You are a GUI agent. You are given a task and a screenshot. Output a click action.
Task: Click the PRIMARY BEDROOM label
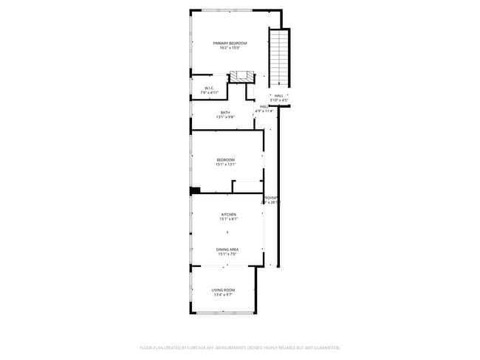click(230, 44)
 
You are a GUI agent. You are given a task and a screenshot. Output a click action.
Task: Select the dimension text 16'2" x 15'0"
click(230, 49)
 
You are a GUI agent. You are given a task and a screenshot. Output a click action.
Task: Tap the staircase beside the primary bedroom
click(278, 59)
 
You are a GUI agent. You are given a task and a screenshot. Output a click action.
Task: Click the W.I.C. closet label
click(209, 89)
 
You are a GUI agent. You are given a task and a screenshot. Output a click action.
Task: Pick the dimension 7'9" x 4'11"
click(209, 94)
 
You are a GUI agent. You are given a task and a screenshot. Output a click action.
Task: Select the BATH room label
click(224, 112)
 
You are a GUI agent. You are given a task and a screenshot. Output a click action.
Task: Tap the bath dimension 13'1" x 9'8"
click(224, 117)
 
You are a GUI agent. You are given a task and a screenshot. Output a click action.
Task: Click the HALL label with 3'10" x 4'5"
click(279, 95)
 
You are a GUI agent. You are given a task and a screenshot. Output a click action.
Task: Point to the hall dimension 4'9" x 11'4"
click(264, 111)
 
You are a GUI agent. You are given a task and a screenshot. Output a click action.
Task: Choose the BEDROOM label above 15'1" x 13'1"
click(225, 160)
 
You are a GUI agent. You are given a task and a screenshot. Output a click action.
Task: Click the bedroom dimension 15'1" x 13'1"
click(225, 165)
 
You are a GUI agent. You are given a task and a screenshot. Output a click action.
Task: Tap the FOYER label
click(270, 198)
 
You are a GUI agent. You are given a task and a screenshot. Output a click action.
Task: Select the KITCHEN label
click(228, 214)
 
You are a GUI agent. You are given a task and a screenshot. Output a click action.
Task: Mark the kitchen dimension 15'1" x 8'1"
click(228, 219)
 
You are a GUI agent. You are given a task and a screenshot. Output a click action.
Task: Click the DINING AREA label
click(227, 249)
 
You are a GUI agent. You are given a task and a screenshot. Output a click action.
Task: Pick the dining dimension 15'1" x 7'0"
click(227, 255)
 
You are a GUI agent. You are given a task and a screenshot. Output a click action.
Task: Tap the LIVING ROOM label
click(223, 290)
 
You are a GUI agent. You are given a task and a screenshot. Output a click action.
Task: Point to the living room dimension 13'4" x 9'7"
click(223, 295)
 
